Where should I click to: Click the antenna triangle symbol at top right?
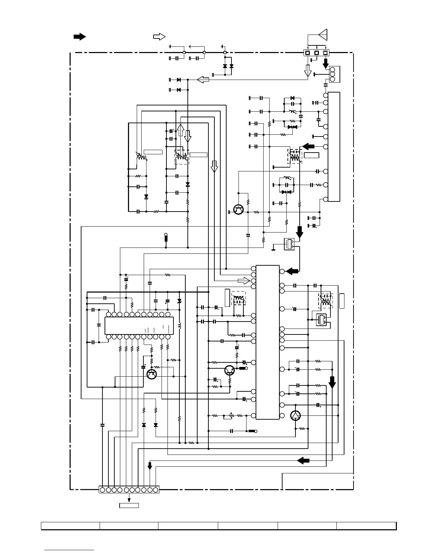(x=323, y=35)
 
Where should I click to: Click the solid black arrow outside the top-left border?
(x=80, y=37)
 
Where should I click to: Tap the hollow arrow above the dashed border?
(x=159, y=37)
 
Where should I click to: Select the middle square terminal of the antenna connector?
(x=316, y=53)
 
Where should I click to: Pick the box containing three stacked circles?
(x=332, y=74)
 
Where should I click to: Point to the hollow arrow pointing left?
(x=203, y=80)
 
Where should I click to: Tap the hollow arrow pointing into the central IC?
(x=244, y=281)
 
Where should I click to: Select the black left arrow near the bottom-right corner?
(x=304, y=461)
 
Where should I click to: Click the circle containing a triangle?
(x=296, y=415)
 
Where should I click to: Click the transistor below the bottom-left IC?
(x=151, y=374)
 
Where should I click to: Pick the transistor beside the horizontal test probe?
(x=229, y=370)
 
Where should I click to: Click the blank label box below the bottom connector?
(x=129, y=505)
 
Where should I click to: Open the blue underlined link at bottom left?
(x=69, y=551)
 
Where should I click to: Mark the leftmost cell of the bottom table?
(x=70, y=526)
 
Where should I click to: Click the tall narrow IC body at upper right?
(x=334, y=147)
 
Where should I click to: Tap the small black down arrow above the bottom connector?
(x=150, y=466)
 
